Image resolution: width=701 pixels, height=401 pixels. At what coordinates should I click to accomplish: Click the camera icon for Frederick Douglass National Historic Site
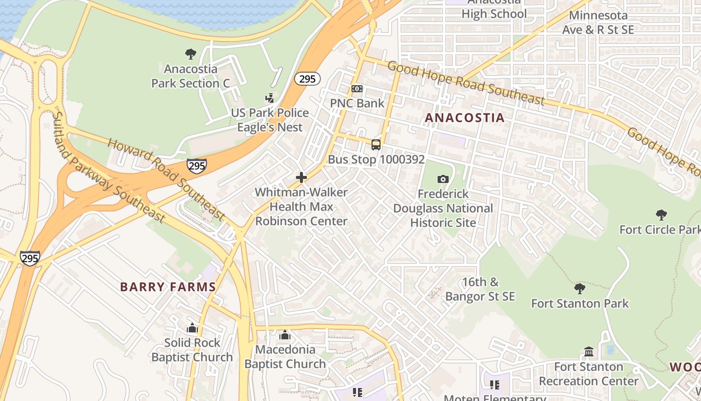[x=443, y=179]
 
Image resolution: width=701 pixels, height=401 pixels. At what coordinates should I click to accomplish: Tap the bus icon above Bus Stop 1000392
[x=376, y=145]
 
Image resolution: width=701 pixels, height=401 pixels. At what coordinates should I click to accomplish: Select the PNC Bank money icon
[x=357, y=89]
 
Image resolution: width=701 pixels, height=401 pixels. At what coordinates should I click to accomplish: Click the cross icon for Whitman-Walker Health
[x=301, y=177]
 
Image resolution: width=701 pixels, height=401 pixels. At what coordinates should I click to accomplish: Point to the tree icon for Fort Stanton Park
[x=579, y=289]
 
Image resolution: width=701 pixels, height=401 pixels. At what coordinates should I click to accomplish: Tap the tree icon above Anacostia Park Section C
[x=190, y=54]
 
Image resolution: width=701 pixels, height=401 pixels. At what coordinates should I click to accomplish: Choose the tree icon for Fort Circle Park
[x=661, y=215]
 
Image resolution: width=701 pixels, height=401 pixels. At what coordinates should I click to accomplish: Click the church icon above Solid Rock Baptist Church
[x=192, y=328]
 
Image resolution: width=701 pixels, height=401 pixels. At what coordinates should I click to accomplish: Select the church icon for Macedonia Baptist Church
[x=285, y=335]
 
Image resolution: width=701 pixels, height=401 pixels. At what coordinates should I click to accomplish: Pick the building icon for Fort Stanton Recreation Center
[x=589, y=352]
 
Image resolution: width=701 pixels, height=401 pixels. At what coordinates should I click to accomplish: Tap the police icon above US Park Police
[x=270, y=98]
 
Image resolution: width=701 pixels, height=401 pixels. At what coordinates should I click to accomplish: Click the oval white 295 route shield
[x=307, y=79]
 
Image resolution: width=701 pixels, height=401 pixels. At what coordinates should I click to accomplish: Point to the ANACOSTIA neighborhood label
[x=464, y=118]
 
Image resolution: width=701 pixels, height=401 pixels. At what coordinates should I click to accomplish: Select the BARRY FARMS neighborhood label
[x=168, y=287]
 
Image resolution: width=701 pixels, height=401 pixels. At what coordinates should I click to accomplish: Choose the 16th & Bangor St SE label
[x=480, y=289]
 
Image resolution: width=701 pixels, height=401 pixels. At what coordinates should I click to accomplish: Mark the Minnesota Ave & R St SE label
[x=598, y=23]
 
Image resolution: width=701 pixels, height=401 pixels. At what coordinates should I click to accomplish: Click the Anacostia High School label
[x=494, y=9]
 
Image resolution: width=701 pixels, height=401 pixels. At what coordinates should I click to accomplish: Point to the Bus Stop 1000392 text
[x=376, y=159]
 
